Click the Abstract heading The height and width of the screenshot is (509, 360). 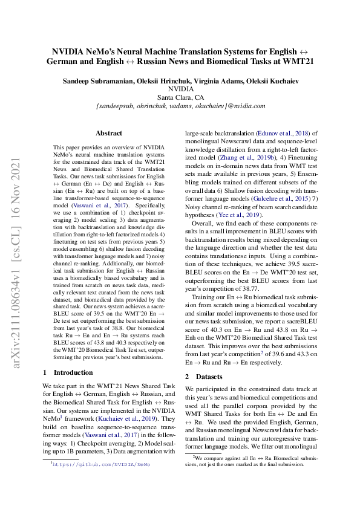109,133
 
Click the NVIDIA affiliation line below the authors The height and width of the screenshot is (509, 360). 180,89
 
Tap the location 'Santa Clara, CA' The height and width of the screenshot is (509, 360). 180,97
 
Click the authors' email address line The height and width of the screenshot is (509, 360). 180,106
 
